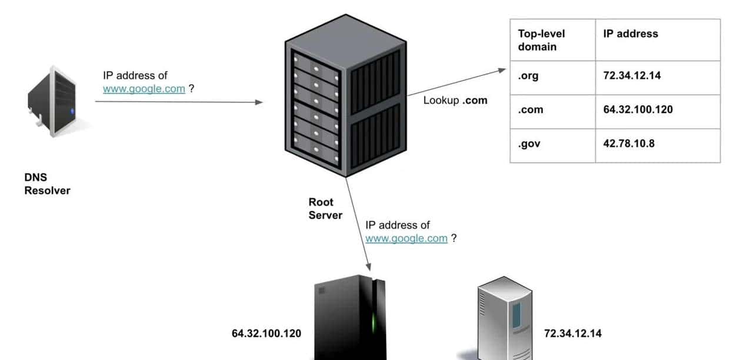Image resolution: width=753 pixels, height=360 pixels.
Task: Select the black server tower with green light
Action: [x=350, y=318]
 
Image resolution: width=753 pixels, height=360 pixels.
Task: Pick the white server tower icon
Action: [x=505, y=318]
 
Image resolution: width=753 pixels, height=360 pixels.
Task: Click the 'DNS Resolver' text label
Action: [x=47, y=184]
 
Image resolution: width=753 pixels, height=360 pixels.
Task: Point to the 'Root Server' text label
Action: [x=325, y=209]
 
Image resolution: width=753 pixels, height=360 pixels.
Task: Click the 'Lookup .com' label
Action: [x=455, y=100]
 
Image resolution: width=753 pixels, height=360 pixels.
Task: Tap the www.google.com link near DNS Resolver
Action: [x=144, y=89]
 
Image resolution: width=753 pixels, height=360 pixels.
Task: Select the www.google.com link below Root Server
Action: [x=407, y=238]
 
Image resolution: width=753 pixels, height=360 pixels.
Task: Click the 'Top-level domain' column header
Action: [x=541, y=39]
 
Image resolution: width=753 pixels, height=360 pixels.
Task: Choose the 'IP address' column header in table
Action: [x=631, y=34]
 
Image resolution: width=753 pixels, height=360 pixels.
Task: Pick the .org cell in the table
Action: [x=528, y=76]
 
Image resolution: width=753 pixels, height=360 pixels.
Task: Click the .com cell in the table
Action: [x=531, y=110]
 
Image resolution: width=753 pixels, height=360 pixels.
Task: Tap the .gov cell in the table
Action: [x=529, y=143]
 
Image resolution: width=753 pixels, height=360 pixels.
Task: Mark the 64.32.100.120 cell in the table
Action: [x=638, y=110]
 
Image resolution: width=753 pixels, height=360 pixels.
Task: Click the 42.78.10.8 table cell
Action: [x=629, y=143]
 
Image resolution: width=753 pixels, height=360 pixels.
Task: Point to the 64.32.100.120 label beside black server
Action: [x=266, y=334]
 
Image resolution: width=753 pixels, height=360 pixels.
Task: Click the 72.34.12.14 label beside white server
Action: [x=573, y=334]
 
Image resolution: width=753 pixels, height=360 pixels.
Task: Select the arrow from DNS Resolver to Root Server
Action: [x=179, y=102]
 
